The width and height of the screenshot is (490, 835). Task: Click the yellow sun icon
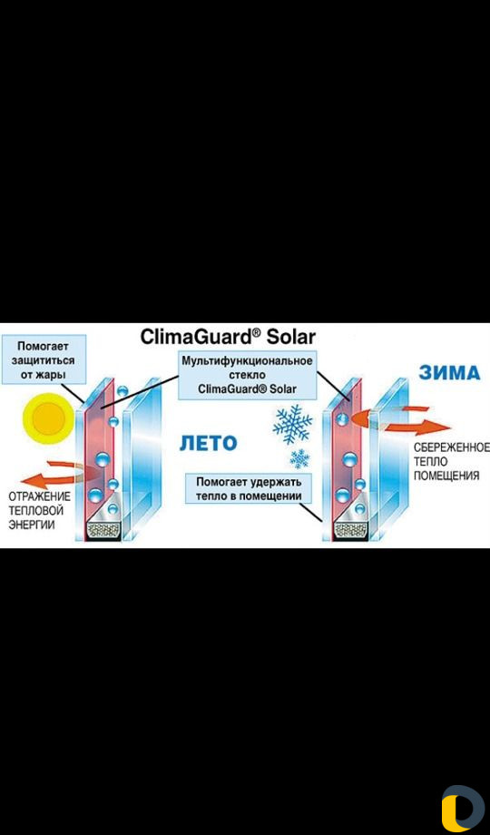[x=47, y=418]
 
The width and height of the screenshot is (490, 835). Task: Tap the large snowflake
[x=292, y=425]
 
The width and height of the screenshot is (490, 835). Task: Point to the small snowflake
[x=300, y=458]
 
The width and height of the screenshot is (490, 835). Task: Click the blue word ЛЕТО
[x=208, y=443]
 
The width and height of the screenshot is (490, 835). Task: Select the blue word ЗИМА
[x=449, y=373]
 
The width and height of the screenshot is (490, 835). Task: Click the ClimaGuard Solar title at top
[x=228, y=337]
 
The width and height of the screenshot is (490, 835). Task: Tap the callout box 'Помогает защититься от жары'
[x=43, y=359]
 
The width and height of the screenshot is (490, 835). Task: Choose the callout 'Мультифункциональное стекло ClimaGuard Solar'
[x=247, y=375]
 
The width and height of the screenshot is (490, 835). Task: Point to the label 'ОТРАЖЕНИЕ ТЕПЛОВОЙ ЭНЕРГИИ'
[x=39, y=511]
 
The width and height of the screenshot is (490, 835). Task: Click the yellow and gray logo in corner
[x=462, y=808]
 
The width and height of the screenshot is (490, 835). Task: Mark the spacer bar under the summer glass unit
[x=104, y=529]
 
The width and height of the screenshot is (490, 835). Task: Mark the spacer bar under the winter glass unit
[x=350, y=529]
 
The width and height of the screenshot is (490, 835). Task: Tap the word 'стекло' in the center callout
[x=247, y=375]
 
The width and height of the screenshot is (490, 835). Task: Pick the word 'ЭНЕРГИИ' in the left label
[x=32, y=525]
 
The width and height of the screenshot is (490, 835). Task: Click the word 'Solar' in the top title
[x=292, y=337]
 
